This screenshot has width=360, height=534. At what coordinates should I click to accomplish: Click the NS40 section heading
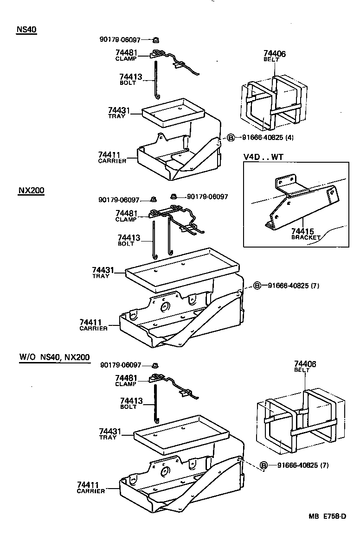[26, 29]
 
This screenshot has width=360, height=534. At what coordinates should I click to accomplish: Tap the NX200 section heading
[31, 190]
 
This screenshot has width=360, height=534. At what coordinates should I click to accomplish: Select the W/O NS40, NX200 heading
[54, 357]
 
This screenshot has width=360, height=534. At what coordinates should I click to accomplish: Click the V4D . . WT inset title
[263, 157]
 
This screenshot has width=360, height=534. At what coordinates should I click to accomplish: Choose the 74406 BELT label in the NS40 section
[274, 56]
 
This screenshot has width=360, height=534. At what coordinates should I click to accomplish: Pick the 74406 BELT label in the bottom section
[305, 367]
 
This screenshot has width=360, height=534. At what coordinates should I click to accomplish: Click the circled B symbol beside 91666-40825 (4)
[231, 137]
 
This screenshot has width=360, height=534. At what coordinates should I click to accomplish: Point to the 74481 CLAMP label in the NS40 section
[127, 55]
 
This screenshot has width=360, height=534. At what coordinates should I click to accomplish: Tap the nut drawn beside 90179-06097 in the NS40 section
[156, 40]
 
